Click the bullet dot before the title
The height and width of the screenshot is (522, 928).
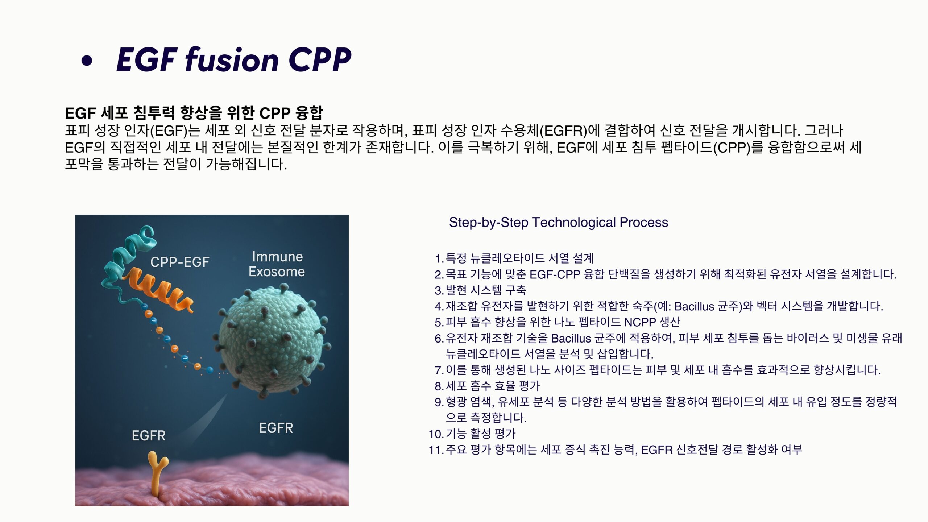point(87,61)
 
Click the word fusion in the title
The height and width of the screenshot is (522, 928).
point(232,59)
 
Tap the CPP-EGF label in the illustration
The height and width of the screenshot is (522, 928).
point(180,262)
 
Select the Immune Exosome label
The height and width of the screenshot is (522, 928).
point(277,264)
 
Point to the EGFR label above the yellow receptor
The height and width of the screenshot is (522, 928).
point(149,435)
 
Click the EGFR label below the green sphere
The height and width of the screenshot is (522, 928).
point(276,428)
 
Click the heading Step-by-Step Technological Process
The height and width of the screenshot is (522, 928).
point(558,222)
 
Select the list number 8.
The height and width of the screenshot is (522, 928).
point(439,386)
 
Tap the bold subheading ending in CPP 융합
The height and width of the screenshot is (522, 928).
point(194,113)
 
